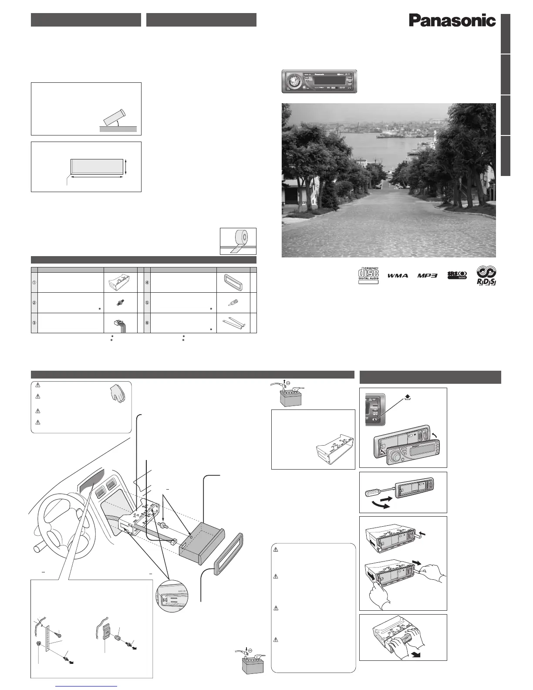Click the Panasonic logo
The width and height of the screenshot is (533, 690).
pyautogui.click(x=452, y=20)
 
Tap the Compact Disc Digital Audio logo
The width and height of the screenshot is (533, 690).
pyautogui.click(x=368, y=275)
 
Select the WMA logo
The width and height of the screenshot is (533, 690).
pyautogui.click(x=397, y=276)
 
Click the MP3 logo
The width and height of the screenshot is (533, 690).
pyautogui.click(x=427, y=276)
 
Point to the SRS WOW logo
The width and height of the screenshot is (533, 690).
pyautogui.click(x=457, y=276)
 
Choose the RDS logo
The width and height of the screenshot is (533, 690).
pyautogui.click(x=486, y=276)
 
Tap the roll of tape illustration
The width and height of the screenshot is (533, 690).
pyautogui.click(x=238, y=240)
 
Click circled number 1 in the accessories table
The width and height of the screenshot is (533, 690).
pyautogui.click(x=34, y=282)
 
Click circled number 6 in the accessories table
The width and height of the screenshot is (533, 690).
pyautogui.click(x=147, y=323)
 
